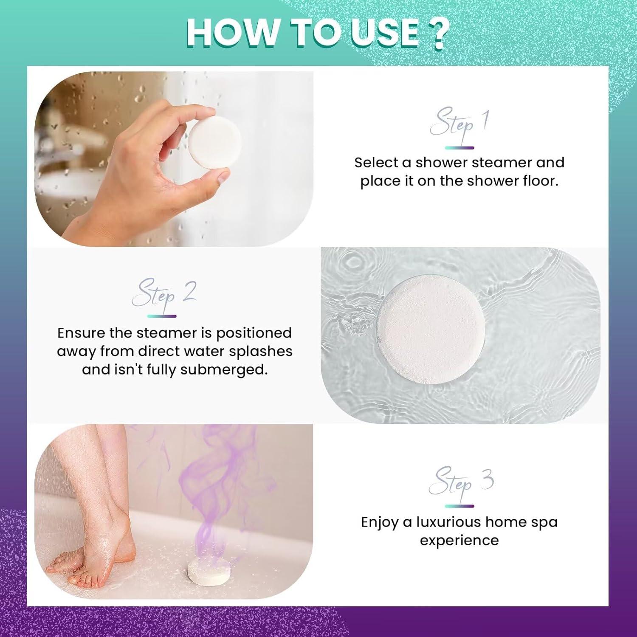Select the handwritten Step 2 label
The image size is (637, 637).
(x=163, y=293)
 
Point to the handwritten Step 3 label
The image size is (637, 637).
(x=461, y=482)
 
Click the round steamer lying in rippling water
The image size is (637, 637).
(x=431, y=330)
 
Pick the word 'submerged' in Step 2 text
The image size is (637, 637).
(x=224, y=369)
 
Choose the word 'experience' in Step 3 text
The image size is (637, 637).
(x=459, y=541)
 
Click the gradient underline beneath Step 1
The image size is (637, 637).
(x=459, y=148)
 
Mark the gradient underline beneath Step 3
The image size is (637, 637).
(x=459, y=506)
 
